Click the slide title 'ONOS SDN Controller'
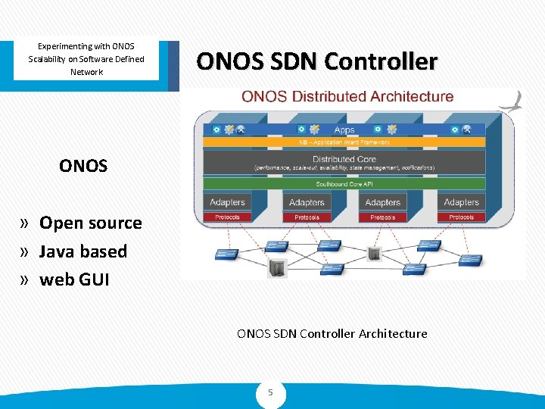[x=316, y=61]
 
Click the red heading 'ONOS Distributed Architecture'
[x=347, y=97]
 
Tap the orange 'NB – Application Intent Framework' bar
[x=344, y=142]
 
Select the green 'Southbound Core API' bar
[x=344, y=184]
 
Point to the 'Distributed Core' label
[x=344, y=159]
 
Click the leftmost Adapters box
[x=227, y=202]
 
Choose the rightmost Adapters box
[x=461, y=202]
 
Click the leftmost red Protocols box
[x=227, y=217]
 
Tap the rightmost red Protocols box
[x=461, y=217]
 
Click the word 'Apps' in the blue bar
[x=344, y=130]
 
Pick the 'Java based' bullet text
[x=83, y=251]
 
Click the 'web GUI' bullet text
[x=74, y=279]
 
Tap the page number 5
[x=271, y=393]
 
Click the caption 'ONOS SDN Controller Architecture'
[x=332, y=333]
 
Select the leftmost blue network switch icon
[x=227, y=254]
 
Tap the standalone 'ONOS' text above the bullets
[x=83, y=166]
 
